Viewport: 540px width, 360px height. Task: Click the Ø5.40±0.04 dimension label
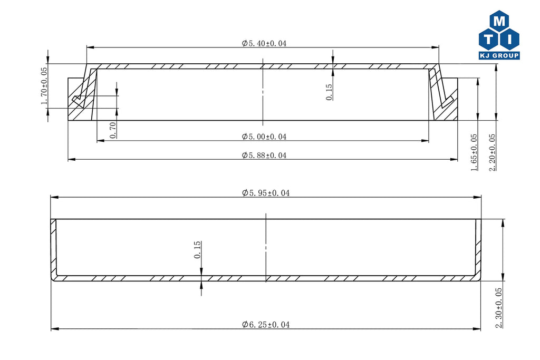tap(264, 43)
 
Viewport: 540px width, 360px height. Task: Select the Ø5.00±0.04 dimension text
tap(264, 137)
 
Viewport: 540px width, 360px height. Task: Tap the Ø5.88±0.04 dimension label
tap(264, 155)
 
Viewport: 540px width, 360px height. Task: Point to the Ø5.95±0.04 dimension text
tap(266, 193)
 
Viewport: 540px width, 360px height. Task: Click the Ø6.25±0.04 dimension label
tap(266, 324)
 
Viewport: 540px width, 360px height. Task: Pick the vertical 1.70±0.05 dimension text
tap(44, 86)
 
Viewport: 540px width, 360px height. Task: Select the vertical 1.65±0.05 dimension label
tap(474, 152)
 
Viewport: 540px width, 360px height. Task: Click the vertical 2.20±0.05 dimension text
tap(492, 152)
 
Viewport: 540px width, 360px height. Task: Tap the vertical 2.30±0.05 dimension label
tap(498, 308)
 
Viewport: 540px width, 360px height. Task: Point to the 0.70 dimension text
tap(113, 130)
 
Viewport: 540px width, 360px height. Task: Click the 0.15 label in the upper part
tap(329, 92)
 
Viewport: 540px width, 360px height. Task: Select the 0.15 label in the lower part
tap(197, 249)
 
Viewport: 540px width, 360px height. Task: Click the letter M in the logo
tap(499, 21)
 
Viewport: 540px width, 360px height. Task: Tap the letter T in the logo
tap(489, 39)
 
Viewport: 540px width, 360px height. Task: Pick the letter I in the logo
tap(509, 39)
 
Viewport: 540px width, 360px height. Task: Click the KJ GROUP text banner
tap(499, 55)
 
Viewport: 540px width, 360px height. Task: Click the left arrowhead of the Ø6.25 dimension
tap(55, 329)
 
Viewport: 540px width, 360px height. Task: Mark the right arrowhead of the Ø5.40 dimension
tap(435, 47)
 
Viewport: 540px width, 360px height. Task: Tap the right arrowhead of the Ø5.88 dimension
tap(454, 159)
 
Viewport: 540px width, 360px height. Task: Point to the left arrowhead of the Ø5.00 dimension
tap(101, 140)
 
